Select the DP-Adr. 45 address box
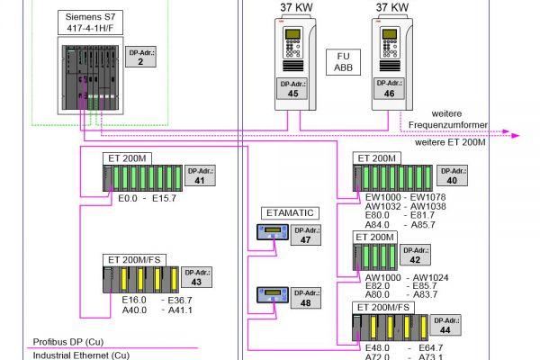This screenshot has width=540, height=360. coord(292,88)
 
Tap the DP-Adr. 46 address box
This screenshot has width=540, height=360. coord(388,88)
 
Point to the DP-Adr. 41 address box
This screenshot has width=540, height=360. coord(199,175)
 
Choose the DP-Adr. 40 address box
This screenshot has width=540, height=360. coord(451,175)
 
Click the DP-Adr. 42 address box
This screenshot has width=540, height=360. coord(414,254)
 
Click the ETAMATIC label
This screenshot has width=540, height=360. coord(290,212)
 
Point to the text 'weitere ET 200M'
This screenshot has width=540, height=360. coord(451,142)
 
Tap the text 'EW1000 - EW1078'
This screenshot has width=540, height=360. coord(401,196)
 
